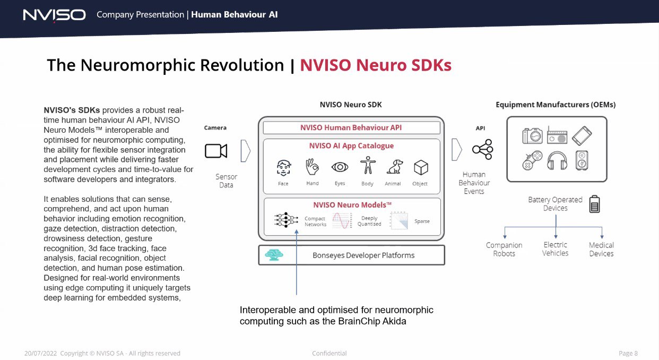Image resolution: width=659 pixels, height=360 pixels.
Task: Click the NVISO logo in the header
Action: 55,15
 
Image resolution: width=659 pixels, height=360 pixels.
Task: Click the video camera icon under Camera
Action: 216,151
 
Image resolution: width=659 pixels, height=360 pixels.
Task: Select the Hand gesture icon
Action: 312,167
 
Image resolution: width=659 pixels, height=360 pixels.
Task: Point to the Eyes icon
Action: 340,167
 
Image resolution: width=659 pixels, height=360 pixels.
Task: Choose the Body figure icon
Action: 368,165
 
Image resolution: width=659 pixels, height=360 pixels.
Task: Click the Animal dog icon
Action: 395,167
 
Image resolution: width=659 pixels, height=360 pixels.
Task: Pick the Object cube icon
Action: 421,167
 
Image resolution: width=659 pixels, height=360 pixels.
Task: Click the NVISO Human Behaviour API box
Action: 352,128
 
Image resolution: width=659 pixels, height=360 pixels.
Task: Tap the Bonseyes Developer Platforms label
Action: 363,255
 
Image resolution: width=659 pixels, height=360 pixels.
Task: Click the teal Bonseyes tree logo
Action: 274,255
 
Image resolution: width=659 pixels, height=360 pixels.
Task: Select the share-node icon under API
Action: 482,150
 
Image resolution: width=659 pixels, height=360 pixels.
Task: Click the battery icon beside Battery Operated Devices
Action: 594,204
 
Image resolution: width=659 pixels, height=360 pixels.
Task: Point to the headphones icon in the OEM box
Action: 557,161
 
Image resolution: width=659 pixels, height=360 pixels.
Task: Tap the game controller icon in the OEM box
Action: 532,160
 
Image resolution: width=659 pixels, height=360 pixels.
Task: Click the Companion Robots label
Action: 504,250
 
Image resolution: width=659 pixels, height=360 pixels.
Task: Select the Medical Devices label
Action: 601,250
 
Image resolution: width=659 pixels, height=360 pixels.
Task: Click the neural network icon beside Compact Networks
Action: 286,220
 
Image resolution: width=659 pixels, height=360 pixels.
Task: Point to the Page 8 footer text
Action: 628,353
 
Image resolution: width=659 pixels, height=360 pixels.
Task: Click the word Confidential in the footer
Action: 329,353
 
